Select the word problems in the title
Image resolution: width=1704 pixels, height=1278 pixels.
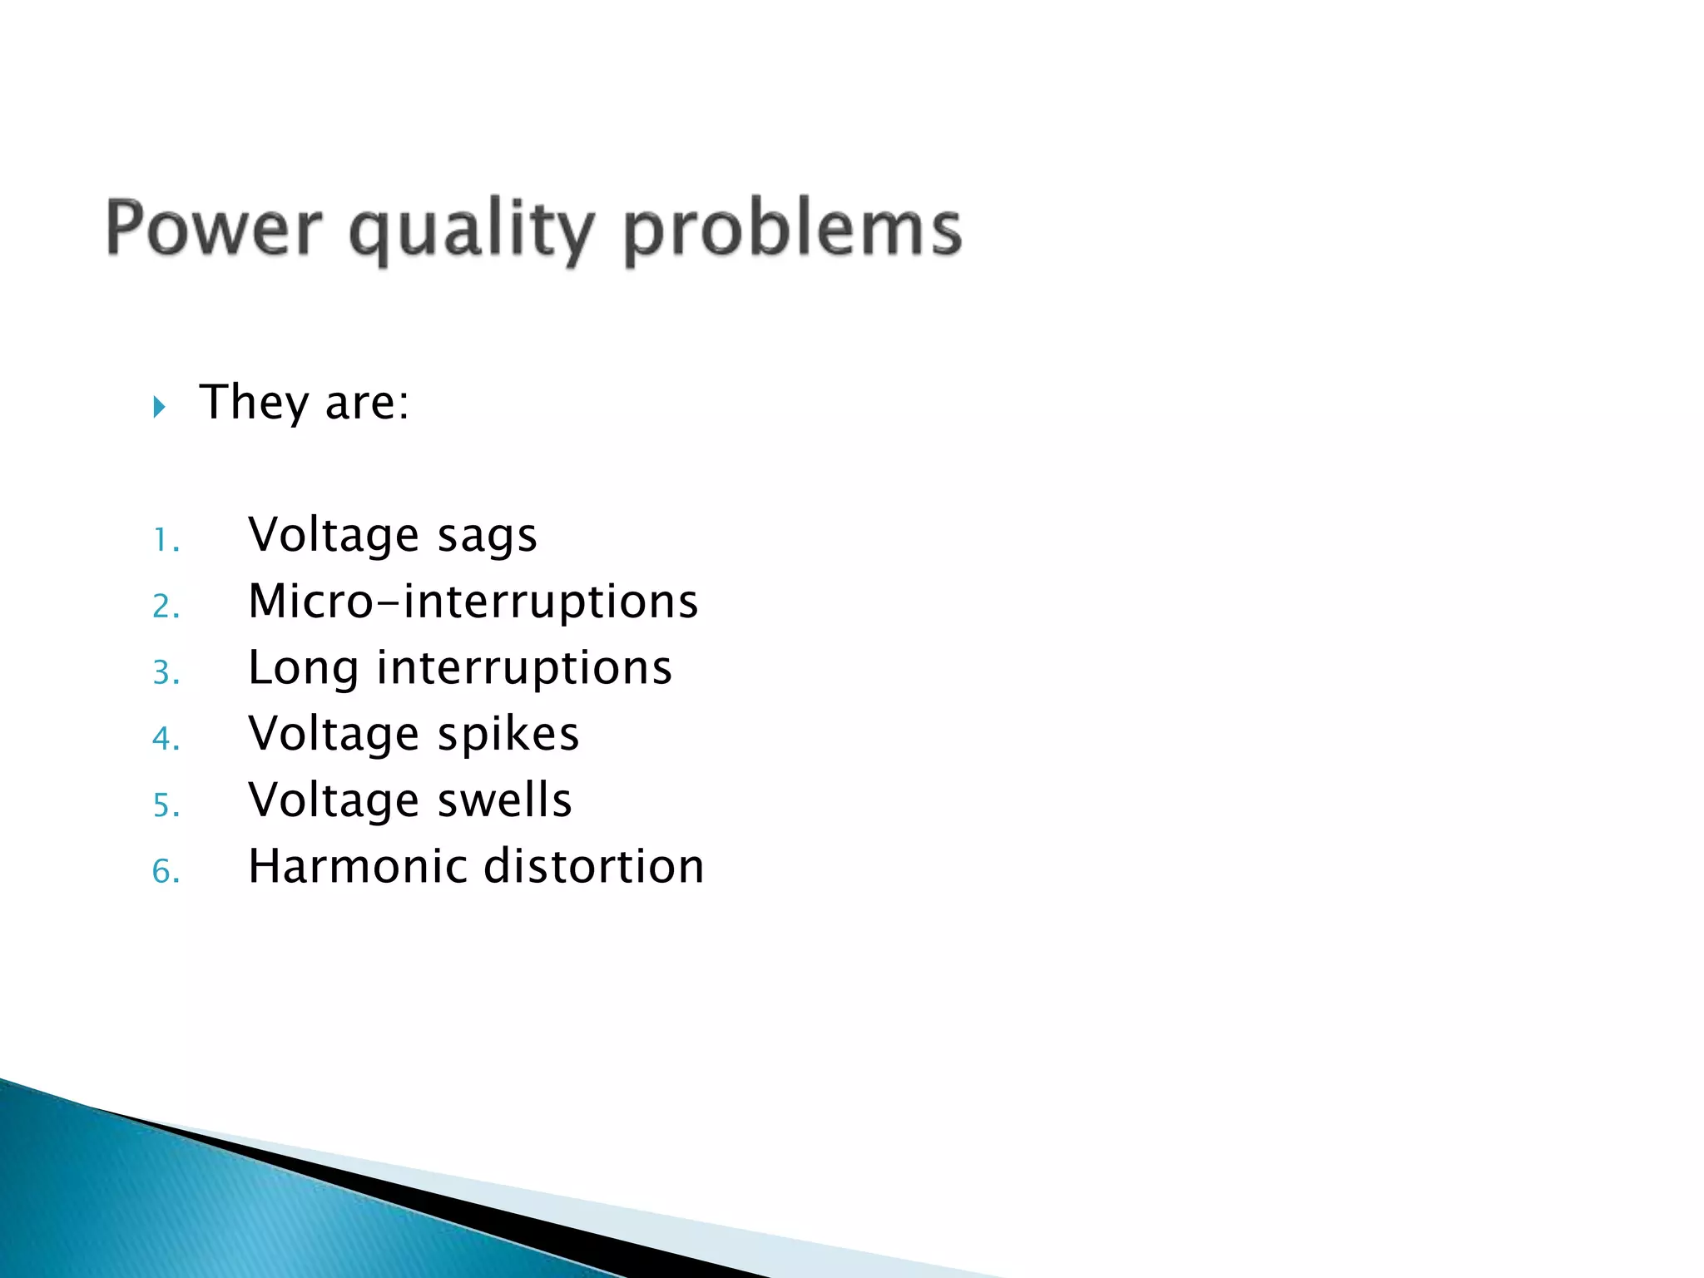point(792,230)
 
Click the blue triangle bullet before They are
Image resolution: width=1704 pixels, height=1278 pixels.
point(160,407)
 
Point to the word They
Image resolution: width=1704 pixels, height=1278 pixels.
point(254,403)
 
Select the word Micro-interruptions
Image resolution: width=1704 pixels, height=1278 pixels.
point(473,601)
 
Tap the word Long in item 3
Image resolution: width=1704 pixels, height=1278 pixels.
point(303,669)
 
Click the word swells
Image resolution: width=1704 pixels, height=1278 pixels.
point(505,800)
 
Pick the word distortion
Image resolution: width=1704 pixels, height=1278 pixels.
point(594,866)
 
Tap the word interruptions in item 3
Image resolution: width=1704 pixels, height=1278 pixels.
point(524,668)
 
